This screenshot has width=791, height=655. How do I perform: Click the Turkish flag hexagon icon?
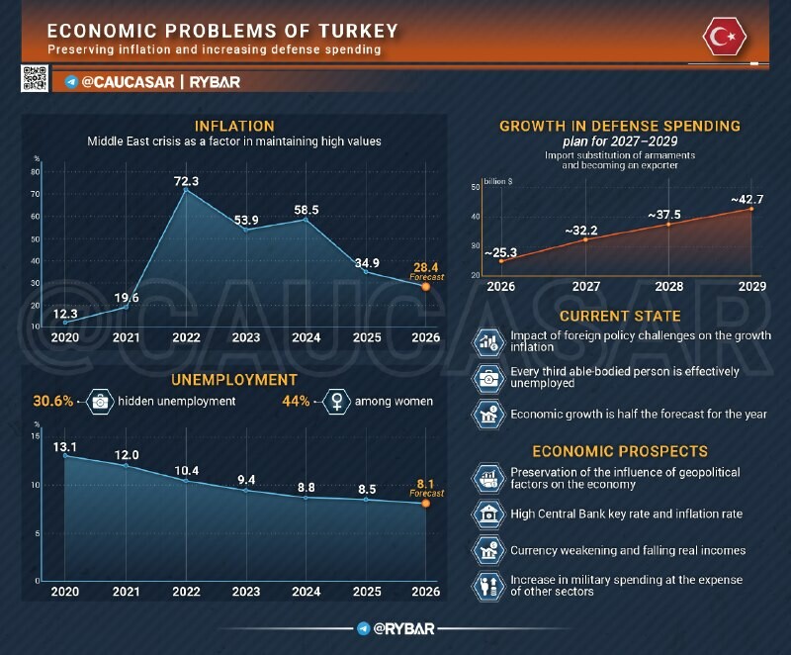[x=725, y=37]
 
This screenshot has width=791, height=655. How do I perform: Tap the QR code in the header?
[x=35, y=78]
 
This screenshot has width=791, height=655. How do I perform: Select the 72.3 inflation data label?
[x=186, y=181]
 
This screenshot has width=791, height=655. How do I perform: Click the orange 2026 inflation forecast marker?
[x=426, y=287]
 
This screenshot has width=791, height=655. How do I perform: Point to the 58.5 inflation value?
[x=307, y=210]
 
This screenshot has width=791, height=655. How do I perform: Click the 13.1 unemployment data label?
[x=65, y=446]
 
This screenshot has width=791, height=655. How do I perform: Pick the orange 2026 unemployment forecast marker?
[x=426, y=503]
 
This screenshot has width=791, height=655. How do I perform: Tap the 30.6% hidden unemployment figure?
[x=53, y=401]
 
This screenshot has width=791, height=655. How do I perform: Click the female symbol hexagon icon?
[x=337, y=402]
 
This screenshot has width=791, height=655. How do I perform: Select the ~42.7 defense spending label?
[x=747, y=199]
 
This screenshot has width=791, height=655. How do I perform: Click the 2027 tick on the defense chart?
[x=586, y=287]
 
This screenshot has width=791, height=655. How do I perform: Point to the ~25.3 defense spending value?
[x=501, y=252]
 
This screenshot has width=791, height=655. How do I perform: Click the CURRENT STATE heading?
[x=620, y=316]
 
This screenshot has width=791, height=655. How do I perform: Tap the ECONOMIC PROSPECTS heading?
[x=620, y=451]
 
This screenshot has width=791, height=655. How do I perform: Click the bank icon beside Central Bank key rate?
[x=488, y=514]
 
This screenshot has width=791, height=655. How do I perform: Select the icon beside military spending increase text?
[x=488, y=586]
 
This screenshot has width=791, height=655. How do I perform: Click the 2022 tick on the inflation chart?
[x=186, y=337]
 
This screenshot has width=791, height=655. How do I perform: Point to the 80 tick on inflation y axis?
[x=36, y=171]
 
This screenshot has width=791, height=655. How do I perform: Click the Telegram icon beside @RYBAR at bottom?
[x=363, y=628]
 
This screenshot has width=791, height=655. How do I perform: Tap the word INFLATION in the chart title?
[x=234, y=126]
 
